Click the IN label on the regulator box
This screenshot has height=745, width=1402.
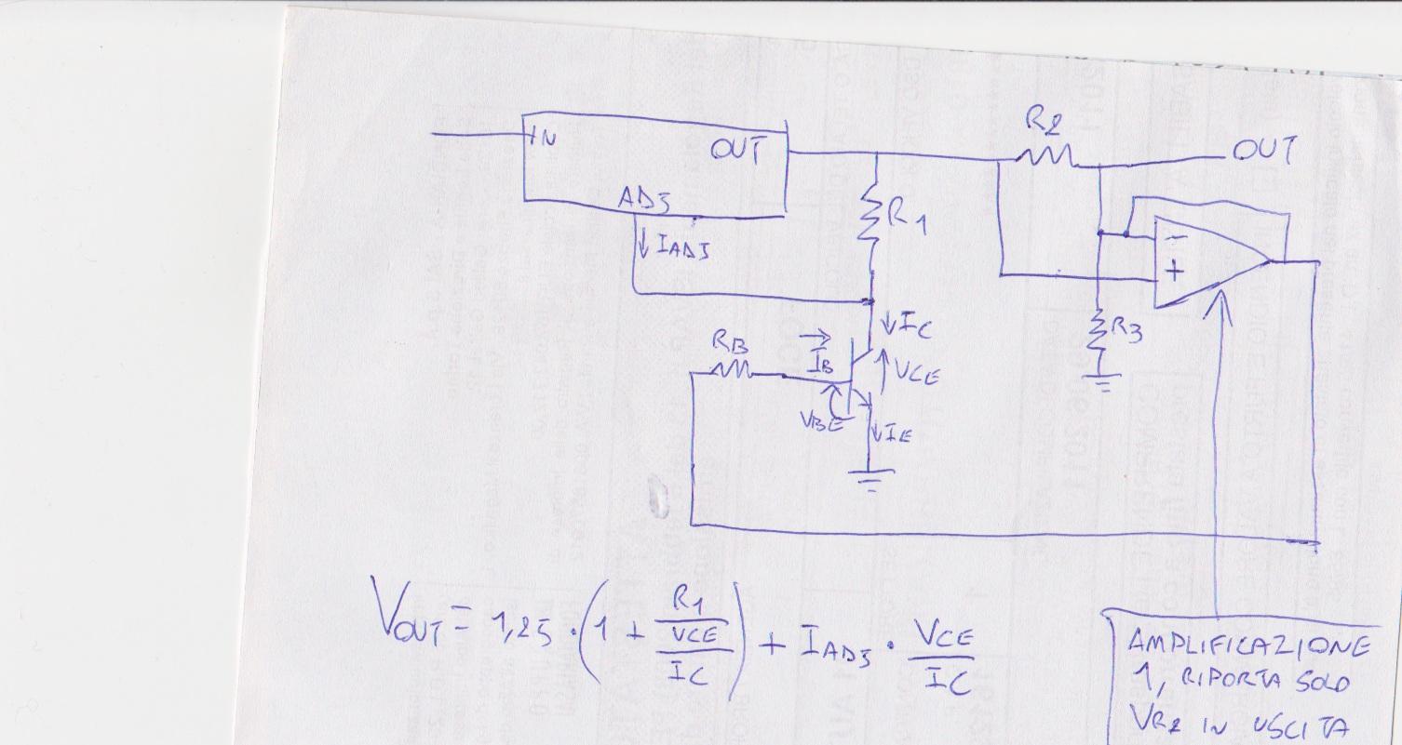point(543,139)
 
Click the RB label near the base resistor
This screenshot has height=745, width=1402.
point(729,342)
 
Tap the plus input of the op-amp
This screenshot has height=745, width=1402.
point(1175,273)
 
